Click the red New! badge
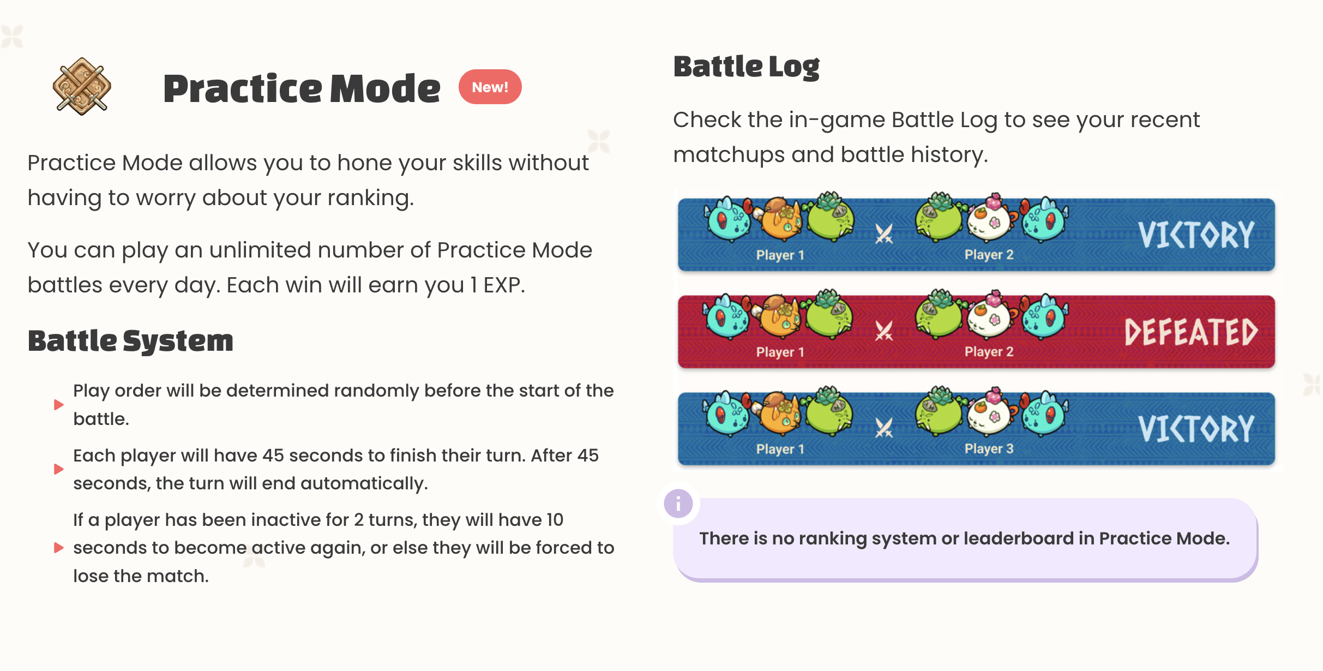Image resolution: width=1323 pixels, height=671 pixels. pos(490,87)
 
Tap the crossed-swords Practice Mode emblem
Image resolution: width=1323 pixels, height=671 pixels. pos(82,86)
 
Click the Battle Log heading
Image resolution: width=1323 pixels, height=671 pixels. pos(746,67)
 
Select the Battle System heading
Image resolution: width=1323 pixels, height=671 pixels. pos(130,341)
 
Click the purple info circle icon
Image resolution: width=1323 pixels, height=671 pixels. pos(678,503)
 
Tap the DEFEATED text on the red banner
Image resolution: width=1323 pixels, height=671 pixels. pos(1190,333)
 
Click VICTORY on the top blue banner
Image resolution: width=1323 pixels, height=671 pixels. pos(1195,235)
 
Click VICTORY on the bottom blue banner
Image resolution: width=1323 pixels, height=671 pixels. pos(1195,429)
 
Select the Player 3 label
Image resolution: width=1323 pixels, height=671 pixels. pos(989,449)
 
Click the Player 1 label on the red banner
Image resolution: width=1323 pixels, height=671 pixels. pos(780,352)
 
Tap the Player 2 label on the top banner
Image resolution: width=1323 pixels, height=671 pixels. pos(989,255)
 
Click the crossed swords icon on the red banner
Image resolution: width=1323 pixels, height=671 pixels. pos(883,331)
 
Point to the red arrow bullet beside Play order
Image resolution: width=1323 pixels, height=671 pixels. pos(59,405)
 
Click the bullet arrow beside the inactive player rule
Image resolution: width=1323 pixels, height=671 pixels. pos(59,548)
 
